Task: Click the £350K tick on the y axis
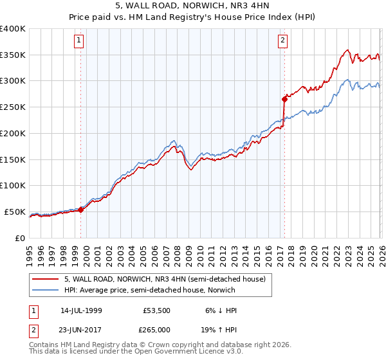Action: click(x=13, y=55)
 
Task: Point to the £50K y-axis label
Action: click(x=15, y=212)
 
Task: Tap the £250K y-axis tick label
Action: click(x=13, y=107)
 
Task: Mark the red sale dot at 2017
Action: click(x=284, y=99)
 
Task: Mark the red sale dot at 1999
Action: click(x=81, y=209)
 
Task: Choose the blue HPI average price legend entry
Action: click(x=149, y=290)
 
